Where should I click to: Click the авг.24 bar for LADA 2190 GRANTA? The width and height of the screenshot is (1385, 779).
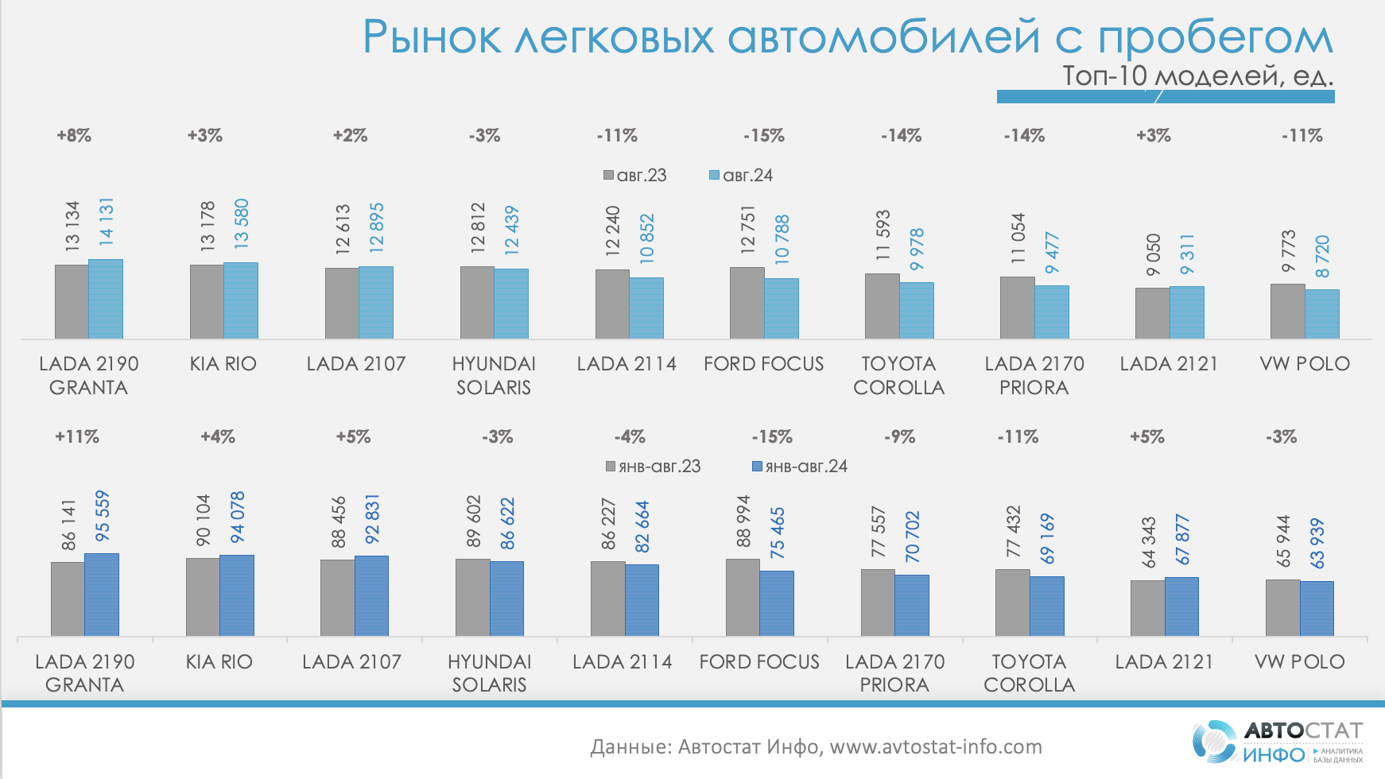click(106, 299)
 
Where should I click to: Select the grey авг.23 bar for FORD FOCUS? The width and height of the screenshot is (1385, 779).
click(747, 303)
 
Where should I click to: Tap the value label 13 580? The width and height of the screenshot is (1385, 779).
click(242, 223)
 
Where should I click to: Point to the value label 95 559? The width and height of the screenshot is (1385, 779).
click(103, 516)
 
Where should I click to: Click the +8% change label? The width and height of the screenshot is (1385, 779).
click(74, 136)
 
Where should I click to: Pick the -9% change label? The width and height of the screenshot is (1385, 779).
click(899, 437)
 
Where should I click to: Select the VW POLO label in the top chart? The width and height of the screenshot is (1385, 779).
click(1305, 363)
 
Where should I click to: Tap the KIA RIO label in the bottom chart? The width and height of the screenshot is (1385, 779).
click(219, 661)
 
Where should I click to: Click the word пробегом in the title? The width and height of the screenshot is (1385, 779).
click(1216, 37)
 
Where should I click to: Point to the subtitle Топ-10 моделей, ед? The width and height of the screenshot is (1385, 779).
click(1197, 76)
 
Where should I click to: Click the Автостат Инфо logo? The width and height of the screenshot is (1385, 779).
click(1277, 742)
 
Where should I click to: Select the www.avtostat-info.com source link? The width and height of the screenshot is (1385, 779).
click(936, 746)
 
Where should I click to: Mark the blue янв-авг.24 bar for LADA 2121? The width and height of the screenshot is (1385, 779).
click(1181, 607)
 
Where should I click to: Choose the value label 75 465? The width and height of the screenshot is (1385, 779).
click(778, 532)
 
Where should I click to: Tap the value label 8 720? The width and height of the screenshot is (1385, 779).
click(1322, 256)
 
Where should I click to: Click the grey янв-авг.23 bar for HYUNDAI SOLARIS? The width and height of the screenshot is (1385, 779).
click(472, 597)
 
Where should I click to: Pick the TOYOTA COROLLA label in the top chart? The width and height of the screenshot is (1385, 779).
click(898, 375)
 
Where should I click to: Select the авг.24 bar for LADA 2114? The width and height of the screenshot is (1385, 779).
click(646, 308)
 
